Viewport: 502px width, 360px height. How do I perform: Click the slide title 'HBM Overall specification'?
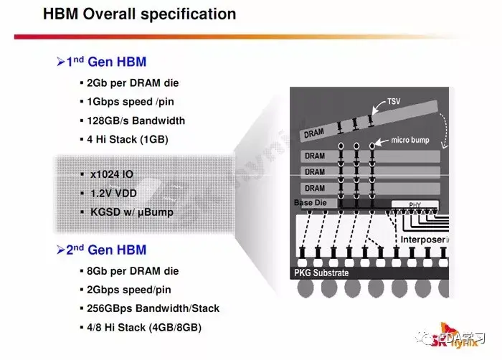139,14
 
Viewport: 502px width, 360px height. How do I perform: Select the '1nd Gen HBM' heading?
107,62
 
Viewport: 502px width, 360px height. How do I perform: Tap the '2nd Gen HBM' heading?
107,250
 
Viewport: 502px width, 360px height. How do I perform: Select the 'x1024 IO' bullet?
112,174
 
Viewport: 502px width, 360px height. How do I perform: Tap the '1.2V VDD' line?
114,193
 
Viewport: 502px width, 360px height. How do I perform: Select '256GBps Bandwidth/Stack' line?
153,308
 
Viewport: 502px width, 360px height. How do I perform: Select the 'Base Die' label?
311,203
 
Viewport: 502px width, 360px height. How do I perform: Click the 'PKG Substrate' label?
321,273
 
